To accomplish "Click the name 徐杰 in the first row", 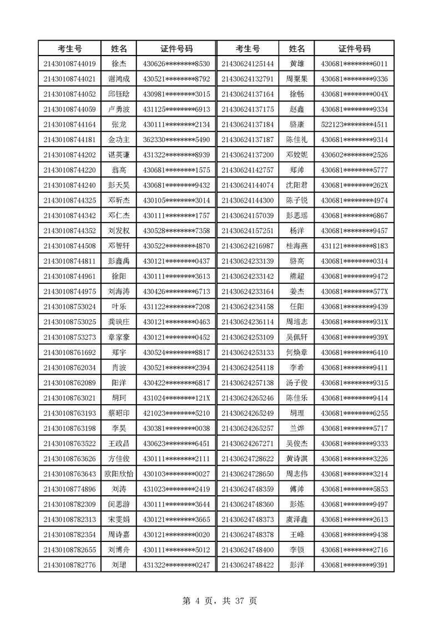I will [x=119, y=64].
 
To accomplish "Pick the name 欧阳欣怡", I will [x=119, y=474].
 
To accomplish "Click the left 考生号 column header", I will [x=70, y=49].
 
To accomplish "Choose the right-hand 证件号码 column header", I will [x=354, y=49].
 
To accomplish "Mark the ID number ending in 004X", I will [x=354, y=94].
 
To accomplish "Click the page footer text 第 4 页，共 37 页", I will [x=220, y=600].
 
